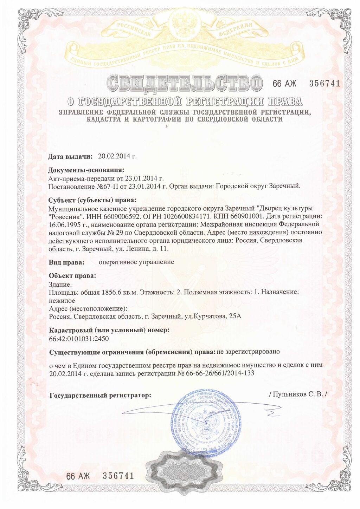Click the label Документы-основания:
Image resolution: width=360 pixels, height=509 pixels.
click(86, 171)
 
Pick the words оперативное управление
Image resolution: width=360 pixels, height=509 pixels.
click(136, 262)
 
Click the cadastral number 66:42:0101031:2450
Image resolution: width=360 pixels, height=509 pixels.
click(79, 339)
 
